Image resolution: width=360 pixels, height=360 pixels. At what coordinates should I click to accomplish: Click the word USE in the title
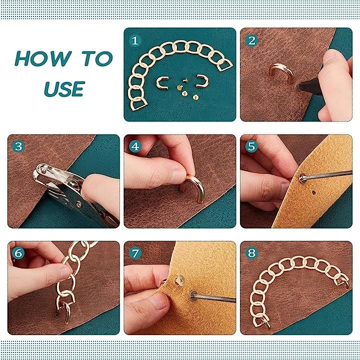(64, 89)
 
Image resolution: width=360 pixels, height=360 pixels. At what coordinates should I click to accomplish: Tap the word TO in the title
(97, 58)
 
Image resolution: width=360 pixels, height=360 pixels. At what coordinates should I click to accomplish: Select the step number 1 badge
(135, 40)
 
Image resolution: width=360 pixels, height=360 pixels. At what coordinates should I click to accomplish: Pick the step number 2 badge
(251, 40)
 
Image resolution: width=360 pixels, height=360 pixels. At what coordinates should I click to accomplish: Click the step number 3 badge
(18, 146)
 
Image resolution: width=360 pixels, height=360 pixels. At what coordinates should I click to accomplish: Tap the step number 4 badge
(135, 146)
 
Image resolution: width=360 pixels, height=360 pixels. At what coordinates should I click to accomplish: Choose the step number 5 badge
(251, 146)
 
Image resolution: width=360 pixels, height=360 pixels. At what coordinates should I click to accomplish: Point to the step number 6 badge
(18, 253)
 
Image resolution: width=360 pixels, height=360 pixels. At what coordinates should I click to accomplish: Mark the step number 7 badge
(135, 253)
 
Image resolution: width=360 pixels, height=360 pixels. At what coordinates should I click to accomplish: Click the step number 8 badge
(251, 253)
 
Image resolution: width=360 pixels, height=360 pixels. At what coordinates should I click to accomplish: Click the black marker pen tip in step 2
(298, 86)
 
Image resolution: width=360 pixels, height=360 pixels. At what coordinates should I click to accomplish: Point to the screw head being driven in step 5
(303, 177)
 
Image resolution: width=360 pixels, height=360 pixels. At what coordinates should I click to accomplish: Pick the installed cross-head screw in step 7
(179, 279)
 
